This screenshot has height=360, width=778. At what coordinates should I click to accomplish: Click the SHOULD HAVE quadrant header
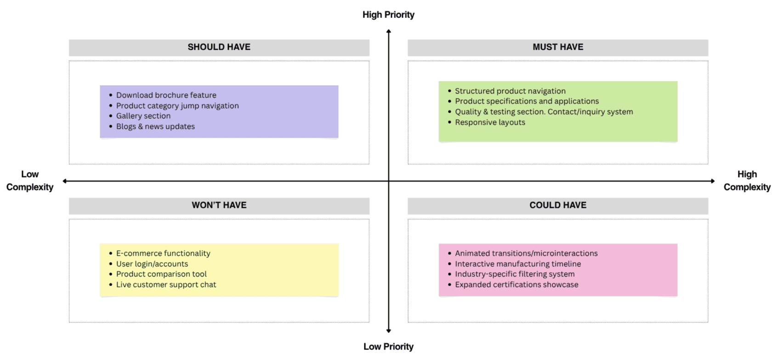click(219, 47)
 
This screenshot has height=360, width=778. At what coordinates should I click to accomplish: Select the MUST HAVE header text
click(558, 47)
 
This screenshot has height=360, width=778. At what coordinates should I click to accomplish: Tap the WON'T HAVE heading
click(219, 205)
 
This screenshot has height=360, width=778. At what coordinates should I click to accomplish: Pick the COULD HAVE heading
click(558, 205)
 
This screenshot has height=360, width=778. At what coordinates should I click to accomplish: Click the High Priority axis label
click(388, 15)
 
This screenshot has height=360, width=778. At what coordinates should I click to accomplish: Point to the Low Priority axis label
click(388, 347)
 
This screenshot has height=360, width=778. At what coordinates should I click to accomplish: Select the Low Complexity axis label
click(30, 181)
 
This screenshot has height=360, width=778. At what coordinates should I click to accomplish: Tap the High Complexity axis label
click(747, 181)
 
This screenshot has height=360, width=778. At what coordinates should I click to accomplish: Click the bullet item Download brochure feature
click(166, 95)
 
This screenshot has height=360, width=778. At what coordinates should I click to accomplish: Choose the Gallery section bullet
click(143, 116)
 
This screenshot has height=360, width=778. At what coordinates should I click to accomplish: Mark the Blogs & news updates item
click(155, 126)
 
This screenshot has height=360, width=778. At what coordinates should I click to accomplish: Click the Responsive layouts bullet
click(490, 122)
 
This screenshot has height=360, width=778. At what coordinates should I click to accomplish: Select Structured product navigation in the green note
click(510, 91)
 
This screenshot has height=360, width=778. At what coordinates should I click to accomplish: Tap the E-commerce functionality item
click(163, 253)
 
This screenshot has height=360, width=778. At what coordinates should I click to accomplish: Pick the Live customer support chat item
click(166, 285)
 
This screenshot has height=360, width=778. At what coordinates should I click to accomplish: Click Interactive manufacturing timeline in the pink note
click(518, 264)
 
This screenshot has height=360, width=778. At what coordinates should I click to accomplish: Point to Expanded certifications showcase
click(517, 285)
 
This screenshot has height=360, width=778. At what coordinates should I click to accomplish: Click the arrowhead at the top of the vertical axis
click(389, 31)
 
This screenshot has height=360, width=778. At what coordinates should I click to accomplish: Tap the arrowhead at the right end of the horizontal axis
click(713, 181)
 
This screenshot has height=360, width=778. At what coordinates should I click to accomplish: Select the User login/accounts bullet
click(152, 264)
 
